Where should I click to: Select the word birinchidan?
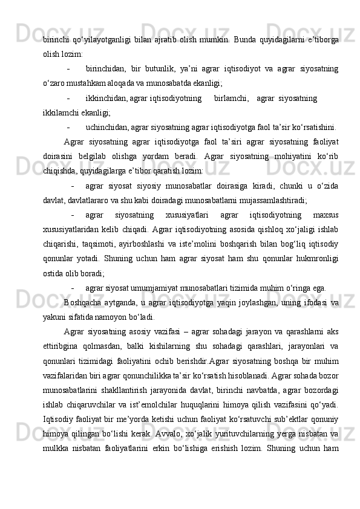tap(106, 68)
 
